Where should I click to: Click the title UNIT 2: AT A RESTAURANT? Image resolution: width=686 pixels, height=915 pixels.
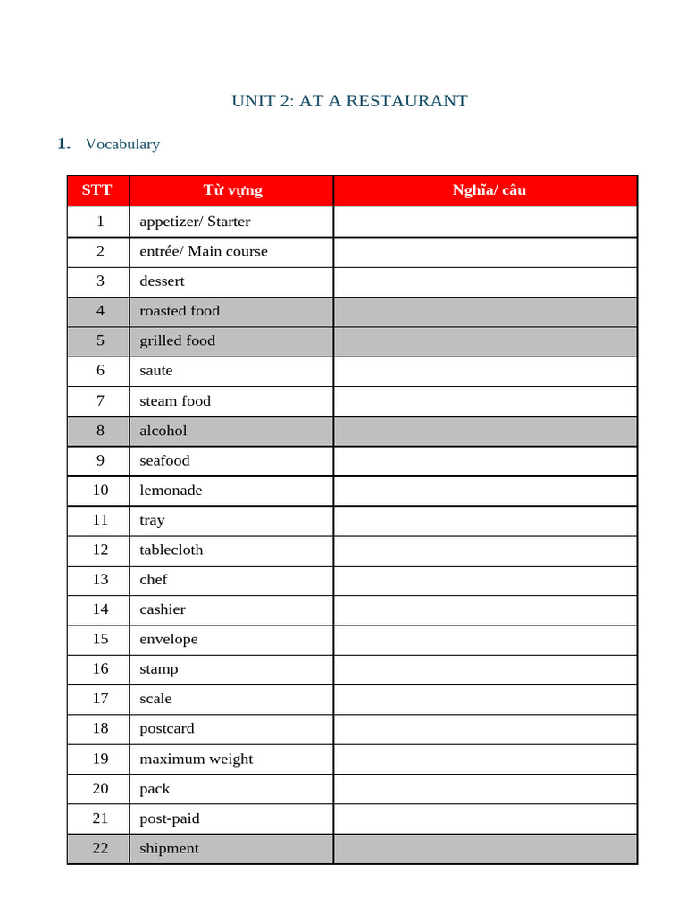pos(349,100)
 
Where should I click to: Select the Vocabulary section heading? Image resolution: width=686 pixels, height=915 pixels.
pos(122,144)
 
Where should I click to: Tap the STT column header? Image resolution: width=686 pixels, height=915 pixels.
pos(97,190)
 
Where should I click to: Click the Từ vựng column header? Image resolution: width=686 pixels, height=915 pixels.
pos(232,190)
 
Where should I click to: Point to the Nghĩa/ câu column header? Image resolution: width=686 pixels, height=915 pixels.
pos(489,190)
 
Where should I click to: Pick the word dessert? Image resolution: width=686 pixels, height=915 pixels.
pos(162,281)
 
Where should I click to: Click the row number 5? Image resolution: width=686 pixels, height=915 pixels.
pos(100,340)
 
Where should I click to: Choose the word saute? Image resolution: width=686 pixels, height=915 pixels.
pos(156,371)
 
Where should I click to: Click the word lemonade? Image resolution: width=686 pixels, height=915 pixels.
pos(171,491)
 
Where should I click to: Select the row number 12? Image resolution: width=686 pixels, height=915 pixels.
pos(100,550)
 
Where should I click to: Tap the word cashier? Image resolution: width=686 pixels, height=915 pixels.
pos(163,609)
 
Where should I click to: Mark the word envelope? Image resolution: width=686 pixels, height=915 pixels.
pos(169,639)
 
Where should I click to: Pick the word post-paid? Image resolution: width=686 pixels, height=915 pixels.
pos(170,818)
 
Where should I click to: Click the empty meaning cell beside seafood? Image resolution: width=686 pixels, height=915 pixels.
pos(485,461)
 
